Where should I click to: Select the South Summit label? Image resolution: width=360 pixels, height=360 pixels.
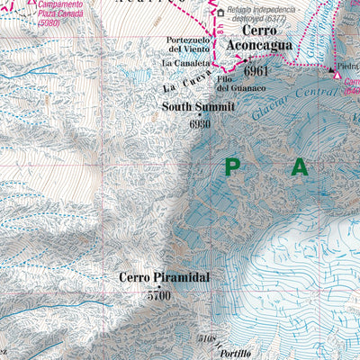[x=198, y=106]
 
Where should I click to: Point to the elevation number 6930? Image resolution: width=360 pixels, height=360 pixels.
[x=199, y=123]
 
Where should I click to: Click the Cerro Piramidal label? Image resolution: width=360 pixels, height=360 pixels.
[x=164, y=278]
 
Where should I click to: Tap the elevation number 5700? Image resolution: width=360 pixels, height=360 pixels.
[x=158, y=294]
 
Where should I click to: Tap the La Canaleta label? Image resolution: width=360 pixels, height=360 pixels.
[x=185, y=64]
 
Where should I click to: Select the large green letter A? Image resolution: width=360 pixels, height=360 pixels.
[x=299, y=166]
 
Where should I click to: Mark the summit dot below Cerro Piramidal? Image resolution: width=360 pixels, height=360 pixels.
[x=160, y=286]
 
